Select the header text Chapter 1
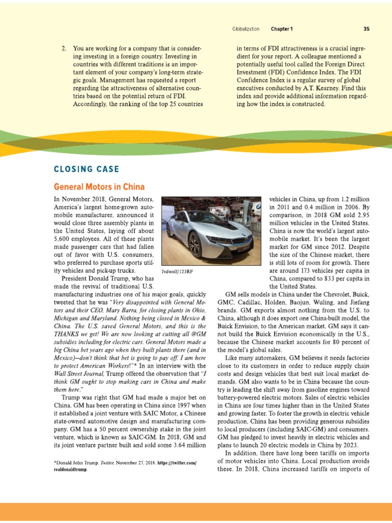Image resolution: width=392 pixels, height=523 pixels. [x=282, y=29]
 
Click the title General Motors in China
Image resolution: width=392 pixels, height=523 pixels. [x=99, y=187]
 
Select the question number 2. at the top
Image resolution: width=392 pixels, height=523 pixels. [x=64, y=49]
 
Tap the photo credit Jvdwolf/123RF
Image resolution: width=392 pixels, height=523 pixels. [x=178, y=272]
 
